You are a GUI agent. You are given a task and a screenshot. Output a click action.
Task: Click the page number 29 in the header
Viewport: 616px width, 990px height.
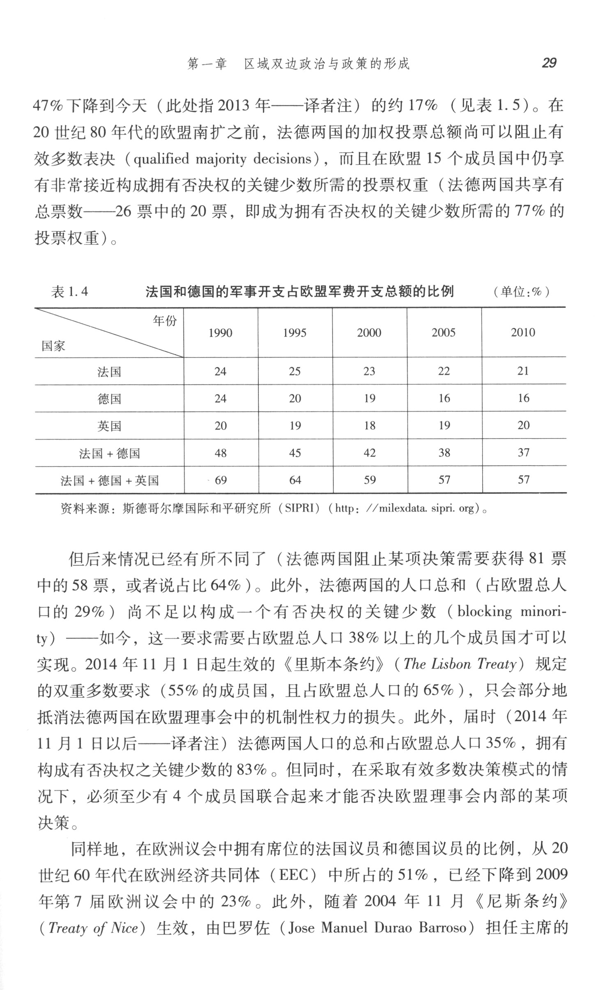click(549, 63)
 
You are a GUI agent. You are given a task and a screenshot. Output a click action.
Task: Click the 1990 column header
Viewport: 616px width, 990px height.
click(221, 332)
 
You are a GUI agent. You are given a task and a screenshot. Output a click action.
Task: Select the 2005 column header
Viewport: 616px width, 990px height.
click(444, 332)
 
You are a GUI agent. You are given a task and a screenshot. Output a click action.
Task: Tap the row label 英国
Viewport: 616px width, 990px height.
click(109, 426)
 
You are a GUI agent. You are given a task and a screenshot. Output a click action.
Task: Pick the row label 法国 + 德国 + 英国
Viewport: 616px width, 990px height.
click(109, 480)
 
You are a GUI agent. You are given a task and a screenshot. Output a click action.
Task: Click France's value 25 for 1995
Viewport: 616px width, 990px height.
click(295, 371)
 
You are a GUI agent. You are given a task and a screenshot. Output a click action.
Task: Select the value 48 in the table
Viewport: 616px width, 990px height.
click(221, 453)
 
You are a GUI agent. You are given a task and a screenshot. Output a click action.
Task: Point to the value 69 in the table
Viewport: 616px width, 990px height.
click(221, 480)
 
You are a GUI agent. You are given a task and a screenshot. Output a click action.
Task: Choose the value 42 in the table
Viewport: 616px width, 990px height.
click(370, 453)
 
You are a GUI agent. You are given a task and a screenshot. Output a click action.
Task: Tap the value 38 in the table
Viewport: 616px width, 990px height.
click(444, 453)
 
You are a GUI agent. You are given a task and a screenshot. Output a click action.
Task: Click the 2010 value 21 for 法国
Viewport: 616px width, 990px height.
click(523, 371)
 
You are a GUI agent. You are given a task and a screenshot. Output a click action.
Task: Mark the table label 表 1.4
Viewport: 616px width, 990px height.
click(69, 292)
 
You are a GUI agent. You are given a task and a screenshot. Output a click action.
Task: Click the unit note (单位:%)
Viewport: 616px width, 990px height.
click(521, 292)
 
